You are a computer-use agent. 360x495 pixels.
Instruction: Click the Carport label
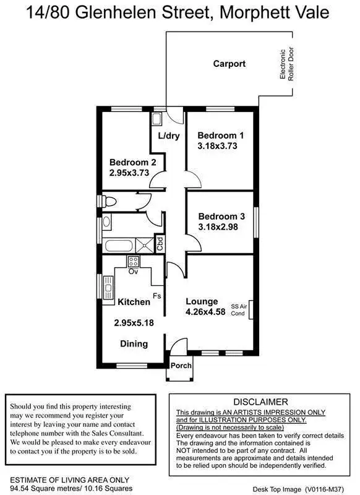(x=229, y=64)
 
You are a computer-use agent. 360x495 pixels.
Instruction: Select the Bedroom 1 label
(x=221, y=136)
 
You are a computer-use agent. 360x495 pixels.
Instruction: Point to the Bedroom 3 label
(x=221, y=217)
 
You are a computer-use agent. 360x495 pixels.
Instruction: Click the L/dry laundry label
(x=168, y=136)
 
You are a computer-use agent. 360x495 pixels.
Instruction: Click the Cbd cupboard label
(x=160, y=242)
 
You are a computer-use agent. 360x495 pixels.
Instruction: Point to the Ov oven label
(x=133, y=271)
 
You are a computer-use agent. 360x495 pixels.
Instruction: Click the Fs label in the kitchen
(x=157, y=296)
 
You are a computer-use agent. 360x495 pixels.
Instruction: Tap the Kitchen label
(x=134, y=302)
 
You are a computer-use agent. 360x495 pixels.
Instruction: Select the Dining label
(x=134, y=343)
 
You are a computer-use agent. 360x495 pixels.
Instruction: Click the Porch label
(x=181, y=365)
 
